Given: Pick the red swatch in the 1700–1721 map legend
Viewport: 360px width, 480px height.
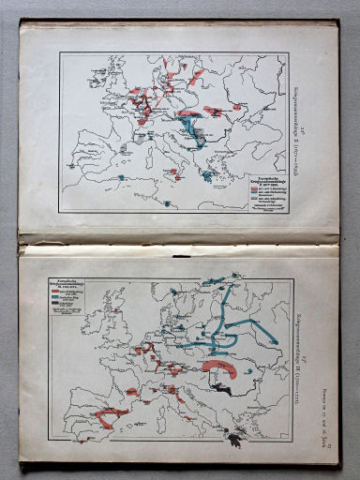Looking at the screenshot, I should click(x=67, y=292).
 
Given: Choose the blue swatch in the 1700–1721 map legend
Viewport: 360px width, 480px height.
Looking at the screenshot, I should click(x=67, y=297).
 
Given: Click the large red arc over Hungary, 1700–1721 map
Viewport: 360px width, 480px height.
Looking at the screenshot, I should click(x=222, y=363).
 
